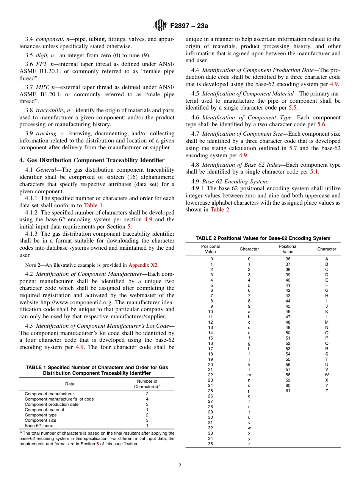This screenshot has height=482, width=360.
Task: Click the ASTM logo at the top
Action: pyautogui.click(x=160, y=25)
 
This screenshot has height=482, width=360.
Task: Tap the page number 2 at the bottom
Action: pyautogui.click(x=180, y=466)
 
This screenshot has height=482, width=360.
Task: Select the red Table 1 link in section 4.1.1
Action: pyautogui.click(x=93, y=205)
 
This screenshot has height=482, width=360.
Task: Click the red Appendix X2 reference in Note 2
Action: pyautogui.click(x=143, y=265)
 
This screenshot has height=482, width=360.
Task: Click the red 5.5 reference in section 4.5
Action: pyautogui.click(x=294, y=108)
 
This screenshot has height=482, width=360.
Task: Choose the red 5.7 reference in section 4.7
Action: pyautogui.click(x=293, y=148)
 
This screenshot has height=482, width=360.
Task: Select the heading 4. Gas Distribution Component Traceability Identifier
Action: pyautogui.click(x=92, y=160)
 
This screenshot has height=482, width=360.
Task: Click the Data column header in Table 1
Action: pyautogui.click(x=70, y=384)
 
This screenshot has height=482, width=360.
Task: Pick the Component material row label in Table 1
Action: pyautogui.click(x=44, y=410)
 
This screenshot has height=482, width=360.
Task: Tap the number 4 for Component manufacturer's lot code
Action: pyautogui.click(x=147, y=399)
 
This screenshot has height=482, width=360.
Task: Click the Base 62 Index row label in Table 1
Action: pyautogui.click(x=39, y=426)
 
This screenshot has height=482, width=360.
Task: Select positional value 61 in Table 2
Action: pyautogui.click(x=288, y=391)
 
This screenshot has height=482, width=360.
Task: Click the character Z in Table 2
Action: pyautogui.click(x=327, y=391)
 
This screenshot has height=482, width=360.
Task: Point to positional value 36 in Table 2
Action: pyautogui.click(x=288, y=259)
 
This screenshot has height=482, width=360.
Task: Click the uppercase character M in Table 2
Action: pyautogui.click(x=327, y=322)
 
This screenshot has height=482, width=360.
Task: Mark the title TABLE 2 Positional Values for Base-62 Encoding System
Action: pyautogui.click(x=263, y=238)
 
